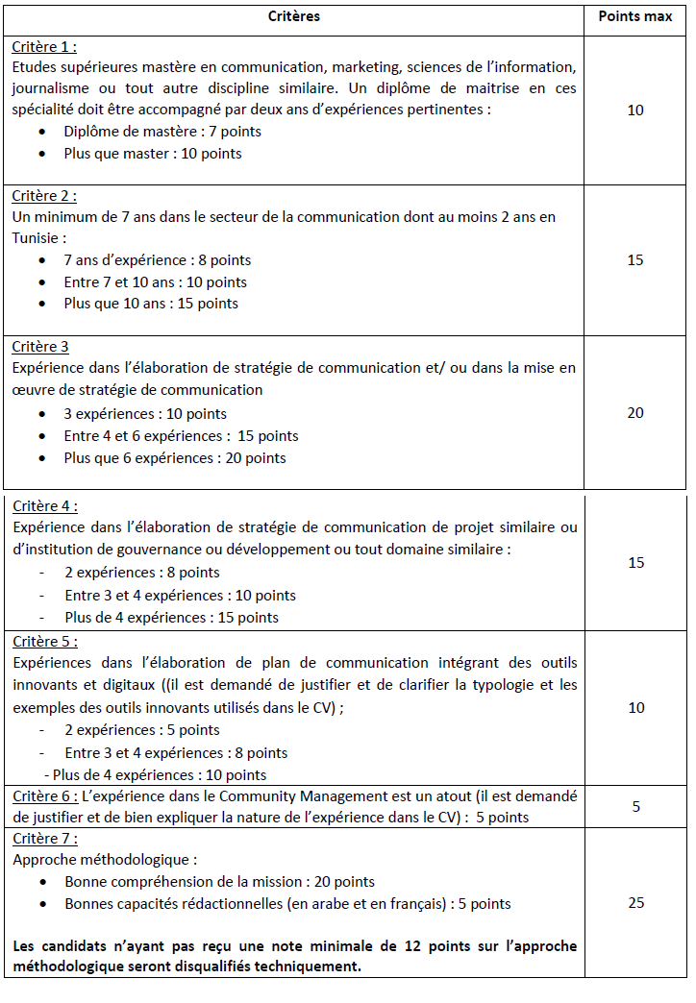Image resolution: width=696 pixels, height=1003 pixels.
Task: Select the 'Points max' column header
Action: coord(634,16)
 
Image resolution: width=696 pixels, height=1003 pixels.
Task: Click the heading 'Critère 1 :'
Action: coord(44,46)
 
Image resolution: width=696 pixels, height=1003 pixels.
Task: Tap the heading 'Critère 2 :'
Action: coord(44,196)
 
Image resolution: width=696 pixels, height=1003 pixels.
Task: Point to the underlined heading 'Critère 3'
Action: coord(40,347)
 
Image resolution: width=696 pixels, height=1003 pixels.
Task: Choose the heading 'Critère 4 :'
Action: coord(45,505)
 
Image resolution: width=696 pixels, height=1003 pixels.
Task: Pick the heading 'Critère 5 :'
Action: coord(45,641)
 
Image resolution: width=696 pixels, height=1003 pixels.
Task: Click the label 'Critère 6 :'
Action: coord(45,796)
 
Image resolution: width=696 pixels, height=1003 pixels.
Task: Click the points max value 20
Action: coord(634,413)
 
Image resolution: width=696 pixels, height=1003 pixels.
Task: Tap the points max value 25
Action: coord(634,903)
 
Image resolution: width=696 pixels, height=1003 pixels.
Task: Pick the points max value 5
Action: coord(635,807)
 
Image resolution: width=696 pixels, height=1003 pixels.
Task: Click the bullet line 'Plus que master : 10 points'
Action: coord(153,154)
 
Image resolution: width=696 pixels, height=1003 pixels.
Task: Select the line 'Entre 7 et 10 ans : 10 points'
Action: coord(155,282)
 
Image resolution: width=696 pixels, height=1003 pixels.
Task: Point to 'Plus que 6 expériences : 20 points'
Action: coord(175,458)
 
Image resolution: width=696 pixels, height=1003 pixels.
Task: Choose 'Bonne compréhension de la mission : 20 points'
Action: coord(219,882)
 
